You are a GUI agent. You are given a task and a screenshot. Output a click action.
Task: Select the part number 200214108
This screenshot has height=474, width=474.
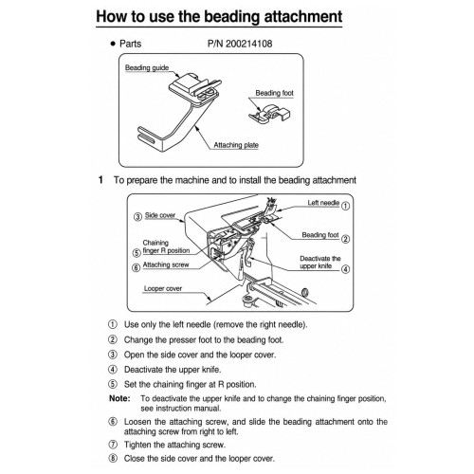pos(248,44)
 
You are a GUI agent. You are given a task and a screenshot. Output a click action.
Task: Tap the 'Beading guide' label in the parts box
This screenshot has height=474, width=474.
pos(147,68)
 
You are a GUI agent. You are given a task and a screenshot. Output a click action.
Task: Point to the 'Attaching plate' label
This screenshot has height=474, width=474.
pos(236,145)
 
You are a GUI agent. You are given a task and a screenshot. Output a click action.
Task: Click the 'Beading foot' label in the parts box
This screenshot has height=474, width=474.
pos(274,93)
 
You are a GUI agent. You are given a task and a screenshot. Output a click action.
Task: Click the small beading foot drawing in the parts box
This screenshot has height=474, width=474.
pos(269,113)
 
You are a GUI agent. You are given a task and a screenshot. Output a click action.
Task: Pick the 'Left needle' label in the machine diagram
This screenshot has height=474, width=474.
pos(323,203)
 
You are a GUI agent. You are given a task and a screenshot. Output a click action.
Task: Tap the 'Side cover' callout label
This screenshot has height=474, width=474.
pos(160,215)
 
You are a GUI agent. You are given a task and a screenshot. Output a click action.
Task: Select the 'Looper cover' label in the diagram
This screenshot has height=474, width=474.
pos(163,288)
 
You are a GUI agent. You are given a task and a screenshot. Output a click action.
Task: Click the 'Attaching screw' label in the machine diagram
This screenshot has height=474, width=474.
pos(166,264)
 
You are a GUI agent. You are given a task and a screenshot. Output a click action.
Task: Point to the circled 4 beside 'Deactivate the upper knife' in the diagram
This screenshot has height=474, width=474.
pos(346,269)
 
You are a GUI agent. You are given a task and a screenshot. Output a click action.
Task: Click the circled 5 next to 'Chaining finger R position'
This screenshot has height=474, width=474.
pos(137,253)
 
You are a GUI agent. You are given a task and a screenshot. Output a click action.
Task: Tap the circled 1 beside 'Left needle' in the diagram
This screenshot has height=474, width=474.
pos(346,206)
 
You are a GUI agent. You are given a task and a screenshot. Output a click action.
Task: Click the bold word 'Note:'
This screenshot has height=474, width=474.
pos(119,398)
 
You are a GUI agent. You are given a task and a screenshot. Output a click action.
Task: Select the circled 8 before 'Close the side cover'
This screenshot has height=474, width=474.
pos(113,458)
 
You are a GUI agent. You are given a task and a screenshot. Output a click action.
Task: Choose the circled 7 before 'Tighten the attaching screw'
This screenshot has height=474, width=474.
pos(113,445)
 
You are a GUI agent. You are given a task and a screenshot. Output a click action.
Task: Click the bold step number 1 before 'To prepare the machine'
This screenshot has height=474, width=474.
pos(100,180)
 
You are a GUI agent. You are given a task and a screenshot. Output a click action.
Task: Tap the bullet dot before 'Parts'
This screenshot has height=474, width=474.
pos(113,44)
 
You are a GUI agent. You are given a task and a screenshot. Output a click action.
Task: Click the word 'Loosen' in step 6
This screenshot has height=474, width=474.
pos(137,422)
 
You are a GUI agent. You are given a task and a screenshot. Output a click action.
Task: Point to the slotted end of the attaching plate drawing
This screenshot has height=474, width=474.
pos(150,136)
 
